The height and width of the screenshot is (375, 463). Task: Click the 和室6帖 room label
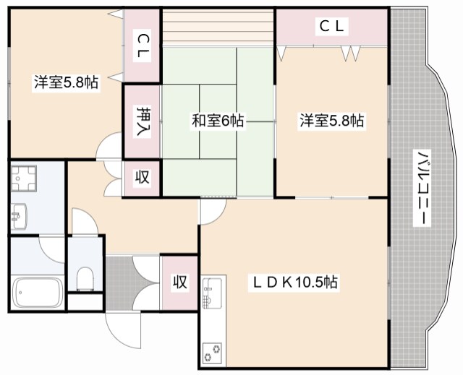pyautogui.click(x=217, y=121)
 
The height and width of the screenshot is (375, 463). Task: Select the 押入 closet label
pyautogui.click(x=143, y=121)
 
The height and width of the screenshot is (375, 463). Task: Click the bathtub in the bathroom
pyautogui.click(x=38, y=292)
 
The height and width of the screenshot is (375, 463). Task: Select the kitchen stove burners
pyautogui.click(x=214, y=353)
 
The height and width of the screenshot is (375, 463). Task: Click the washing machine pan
pyautogui.click(x=27, y=178)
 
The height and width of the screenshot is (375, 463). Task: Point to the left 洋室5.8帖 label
pyautogui.click(x=66, y=83)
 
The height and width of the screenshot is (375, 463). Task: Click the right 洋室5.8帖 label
pyautogui.click(x=332, y=121)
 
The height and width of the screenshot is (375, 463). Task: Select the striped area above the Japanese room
pyautogui.click(x=218, y=27)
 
